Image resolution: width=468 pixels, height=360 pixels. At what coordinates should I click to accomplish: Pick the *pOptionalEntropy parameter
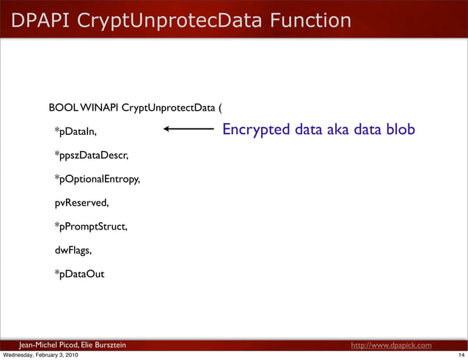coord(98,179)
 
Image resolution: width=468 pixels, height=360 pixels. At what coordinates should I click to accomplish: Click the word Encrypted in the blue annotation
coord(255,130)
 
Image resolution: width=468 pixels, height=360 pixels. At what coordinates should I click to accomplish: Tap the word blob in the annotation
coord(401,130)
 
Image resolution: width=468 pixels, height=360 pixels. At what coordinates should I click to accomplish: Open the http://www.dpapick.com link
coord(391,345)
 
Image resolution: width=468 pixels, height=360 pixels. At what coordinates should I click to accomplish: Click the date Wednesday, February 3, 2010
coord(41,356)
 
